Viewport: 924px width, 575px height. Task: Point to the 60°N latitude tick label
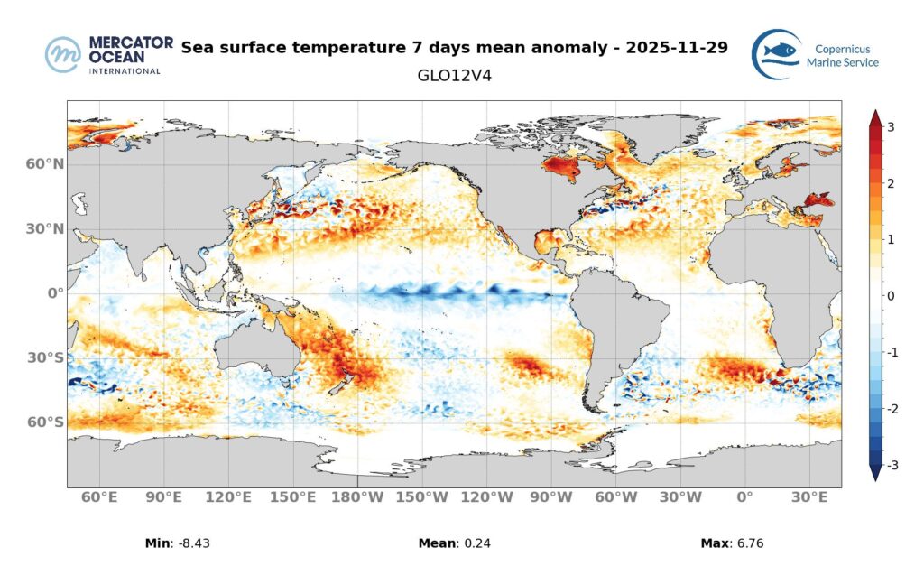pyautogui.click(x=44, y=164)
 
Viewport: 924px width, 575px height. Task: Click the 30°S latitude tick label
pyautogui.click(x=45, y=357)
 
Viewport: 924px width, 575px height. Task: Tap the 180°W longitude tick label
pyautogui.click(x=358, y=498)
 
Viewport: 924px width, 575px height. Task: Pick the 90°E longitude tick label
pyautogui.click(x=164, y=498)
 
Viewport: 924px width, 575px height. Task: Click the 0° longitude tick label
pyautogui.click(x=744, y=498)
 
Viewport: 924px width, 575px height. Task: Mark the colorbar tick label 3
pyautogui.click(x=891, y=127)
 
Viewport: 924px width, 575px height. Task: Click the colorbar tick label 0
pyautogui.click(x=891, y=296)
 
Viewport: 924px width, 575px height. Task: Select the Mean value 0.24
pyautogui.click(x=476, y=543)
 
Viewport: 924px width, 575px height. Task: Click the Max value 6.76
pyautogui.click(x=751, y=543)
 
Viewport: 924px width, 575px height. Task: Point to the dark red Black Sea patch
pyautogui.click(x=818, y=199)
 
